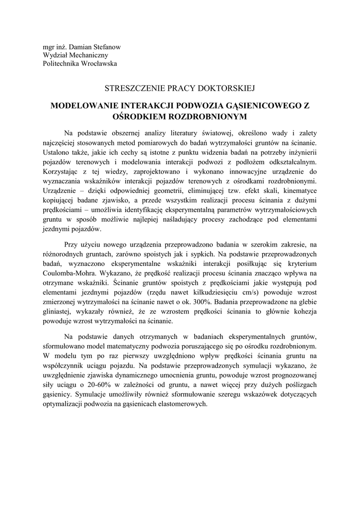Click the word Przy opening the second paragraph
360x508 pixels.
72,245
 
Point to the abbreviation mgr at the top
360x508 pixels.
49,47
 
